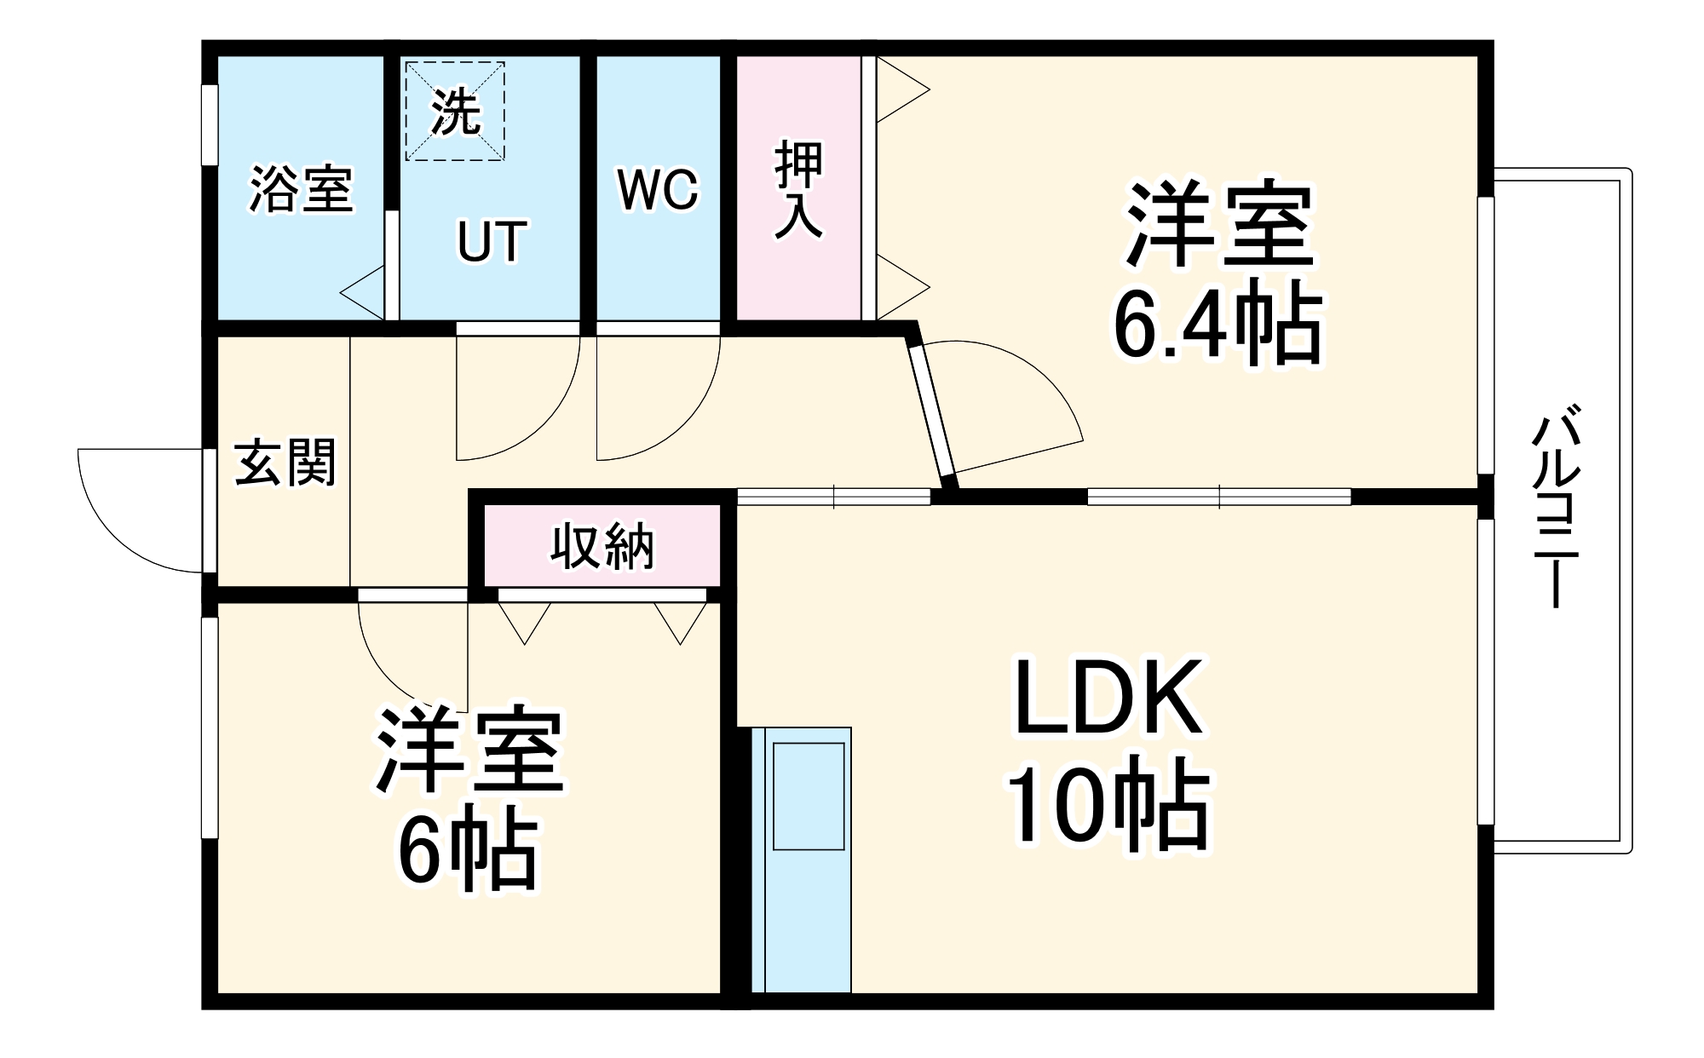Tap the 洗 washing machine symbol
tap(455, 111)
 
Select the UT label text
tap(492, 241)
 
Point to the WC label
tap(658, 189)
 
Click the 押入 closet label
tap(799, 190)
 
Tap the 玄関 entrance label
tap(285, 463)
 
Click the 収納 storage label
tap(602, 546)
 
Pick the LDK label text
tap(1108, 697)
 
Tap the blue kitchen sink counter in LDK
tap(801, 860)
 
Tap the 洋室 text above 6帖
tap(469, 750)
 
